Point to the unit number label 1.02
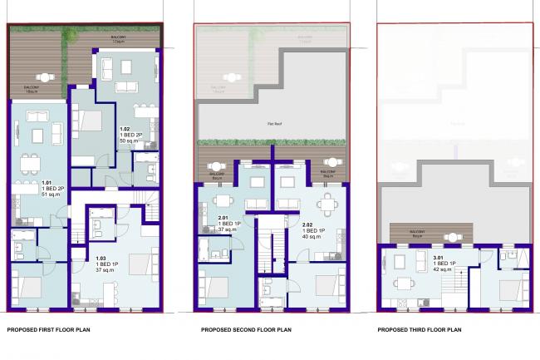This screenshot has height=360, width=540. (125, 130)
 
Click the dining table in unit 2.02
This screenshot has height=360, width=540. (330, 201)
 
